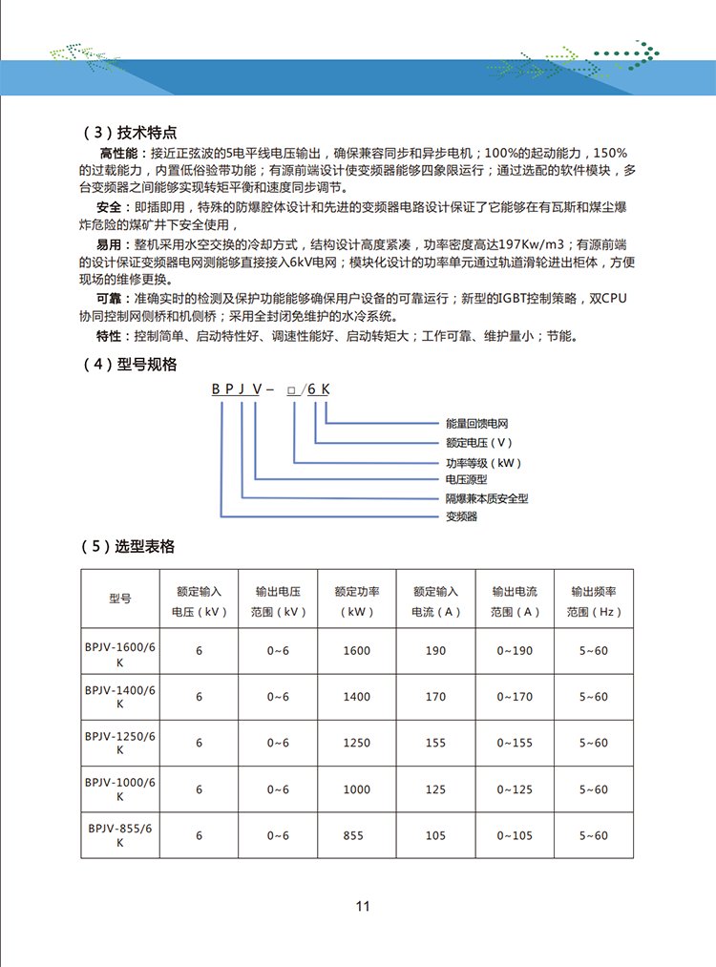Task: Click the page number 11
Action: (362, 906)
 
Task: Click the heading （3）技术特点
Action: (131, 133)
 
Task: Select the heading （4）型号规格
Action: (131, 365)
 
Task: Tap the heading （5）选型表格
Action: (131, 547)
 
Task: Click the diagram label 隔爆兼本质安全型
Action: (487, 498)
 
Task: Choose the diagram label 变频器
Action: (461, 516)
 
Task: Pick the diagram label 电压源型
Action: (467, 479)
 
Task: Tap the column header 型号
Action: (120, 599)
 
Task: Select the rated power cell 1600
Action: (356, 651)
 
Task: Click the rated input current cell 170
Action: (435, 697)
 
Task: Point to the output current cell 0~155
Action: (515, 743)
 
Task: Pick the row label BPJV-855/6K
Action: (120, 835)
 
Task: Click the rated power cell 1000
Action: (356, 789)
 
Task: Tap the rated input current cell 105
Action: (435, 836)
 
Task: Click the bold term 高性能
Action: (118, 153)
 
